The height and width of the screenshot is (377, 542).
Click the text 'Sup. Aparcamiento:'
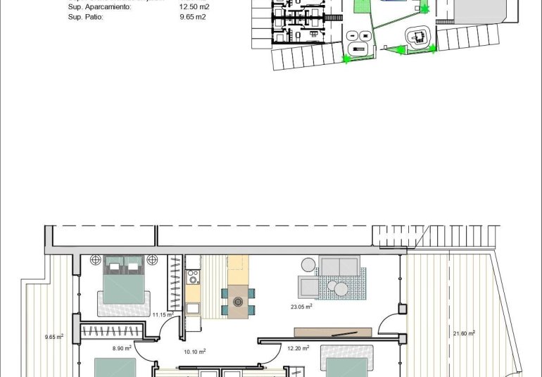(99, 7)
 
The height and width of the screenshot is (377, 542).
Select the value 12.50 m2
(195, 7)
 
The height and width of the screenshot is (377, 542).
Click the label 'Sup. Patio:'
(85, 16)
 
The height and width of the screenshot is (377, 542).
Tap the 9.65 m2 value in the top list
(193, 16)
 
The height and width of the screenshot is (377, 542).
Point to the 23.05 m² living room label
(301, 307)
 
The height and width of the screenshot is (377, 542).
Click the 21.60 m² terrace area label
(463, 333)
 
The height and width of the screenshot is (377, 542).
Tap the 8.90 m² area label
(122, 347)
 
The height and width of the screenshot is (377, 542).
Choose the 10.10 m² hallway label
(194, 351)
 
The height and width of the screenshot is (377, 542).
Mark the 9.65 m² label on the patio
(53, 337)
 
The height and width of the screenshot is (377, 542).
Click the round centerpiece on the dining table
(238, 302)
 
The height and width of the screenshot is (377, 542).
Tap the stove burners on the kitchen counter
(192, 280)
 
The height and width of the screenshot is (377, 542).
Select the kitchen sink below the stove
(192, 307)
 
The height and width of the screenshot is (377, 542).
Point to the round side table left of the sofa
(308, 264)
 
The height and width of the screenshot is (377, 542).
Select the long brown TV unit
(333, 332)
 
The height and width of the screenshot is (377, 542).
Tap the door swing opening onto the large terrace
(388, 324)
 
